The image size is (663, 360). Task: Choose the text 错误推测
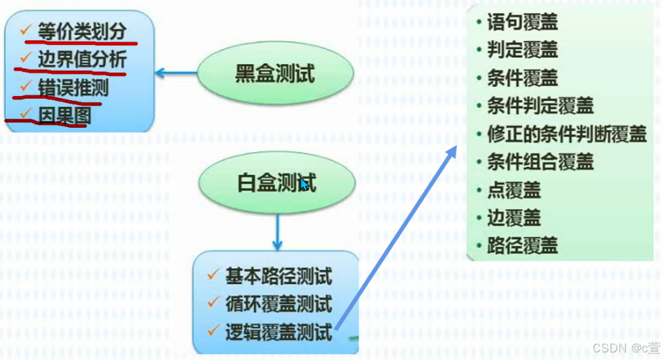pos(73,88)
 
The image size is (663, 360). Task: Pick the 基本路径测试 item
pos(278,276)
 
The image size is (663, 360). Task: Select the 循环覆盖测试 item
pos(278,304)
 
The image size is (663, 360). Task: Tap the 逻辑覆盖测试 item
pos(278,332)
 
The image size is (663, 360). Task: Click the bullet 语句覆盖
pos(521,22)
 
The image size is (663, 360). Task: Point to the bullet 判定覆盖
pos(521,50)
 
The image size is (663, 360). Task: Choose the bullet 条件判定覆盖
pos(539,106)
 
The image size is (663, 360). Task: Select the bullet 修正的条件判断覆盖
pos(566,134)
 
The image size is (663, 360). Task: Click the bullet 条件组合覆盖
pos(539,162)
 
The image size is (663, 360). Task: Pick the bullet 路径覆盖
pos(521,246)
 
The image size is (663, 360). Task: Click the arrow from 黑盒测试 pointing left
pos(176,72)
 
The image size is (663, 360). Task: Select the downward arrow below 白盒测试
pos(278,231)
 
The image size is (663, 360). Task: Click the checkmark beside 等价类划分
pos(26,30)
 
